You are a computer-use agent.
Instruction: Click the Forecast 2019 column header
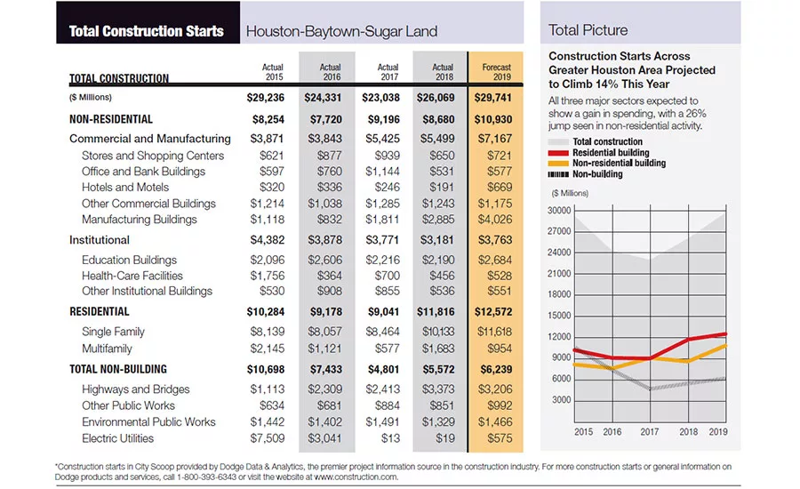[x=496, y=72]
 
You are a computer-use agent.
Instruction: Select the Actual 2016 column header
[x=330, y=72]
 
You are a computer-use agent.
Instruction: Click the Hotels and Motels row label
[x=125, y=188]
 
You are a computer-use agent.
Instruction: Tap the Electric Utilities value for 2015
[x=268, y=438]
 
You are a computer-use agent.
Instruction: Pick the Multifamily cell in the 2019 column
[x=499, y=349]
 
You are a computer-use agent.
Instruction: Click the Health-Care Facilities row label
[x=132, y=277]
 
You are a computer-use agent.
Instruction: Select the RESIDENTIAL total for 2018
[x=436, y=312]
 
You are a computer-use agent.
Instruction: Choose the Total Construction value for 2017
[x=380, y=98]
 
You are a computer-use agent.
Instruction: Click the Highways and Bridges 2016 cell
[x=324, y=389]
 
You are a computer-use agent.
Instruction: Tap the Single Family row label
[x=113, y=332]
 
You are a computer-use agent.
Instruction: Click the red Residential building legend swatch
[x=558, y=153]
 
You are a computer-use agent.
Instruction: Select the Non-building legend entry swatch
[x=558, y=174]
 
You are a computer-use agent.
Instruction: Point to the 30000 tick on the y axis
[x=559, y=211]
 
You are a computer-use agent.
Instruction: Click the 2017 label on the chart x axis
[x=650, y=432]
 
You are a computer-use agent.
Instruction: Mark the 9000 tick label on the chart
[x=561, y=357]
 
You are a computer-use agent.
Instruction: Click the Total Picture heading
[x=588, y=30]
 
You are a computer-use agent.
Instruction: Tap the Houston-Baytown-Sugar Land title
[x=341, y=32]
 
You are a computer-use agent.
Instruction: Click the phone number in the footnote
[x=206, y=477]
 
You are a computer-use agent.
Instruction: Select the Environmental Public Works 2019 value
[x=495, y=422]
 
